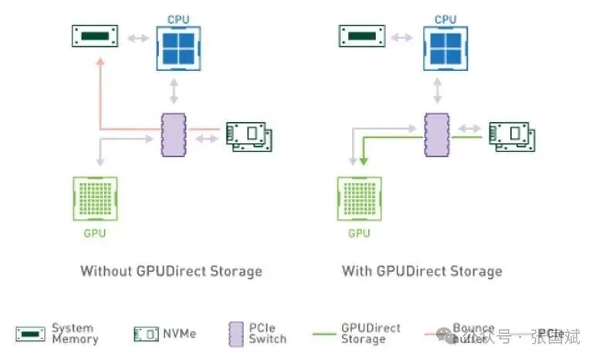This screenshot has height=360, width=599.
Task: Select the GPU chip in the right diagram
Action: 359,199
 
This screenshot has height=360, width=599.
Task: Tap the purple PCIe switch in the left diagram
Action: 173,135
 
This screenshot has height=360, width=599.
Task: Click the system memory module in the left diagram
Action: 94,36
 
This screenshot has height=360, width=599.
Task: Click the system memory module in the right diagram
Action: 362,36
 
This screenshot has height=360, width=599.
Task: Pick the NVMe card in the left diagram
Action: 249,137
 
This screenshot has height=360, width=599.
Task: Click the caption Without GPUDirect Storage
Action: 171,271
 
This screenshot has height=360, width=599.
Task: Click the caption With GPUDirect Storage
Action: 422,271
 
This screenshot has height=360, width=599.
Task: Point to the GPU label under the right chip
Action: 359,233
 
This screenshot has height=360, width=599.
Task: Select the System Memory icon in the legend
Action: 30,335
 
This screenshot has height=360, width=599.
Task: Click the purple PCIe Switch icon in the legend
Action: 236,335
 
